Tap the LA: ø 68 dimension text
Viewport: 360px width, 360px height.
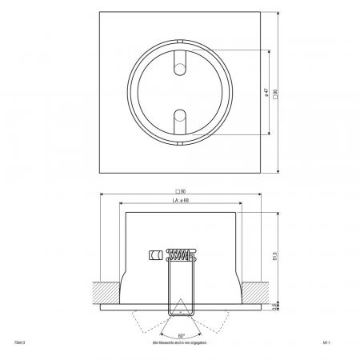point(180,200)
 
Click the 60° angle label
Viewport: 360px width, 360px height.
point(181,334)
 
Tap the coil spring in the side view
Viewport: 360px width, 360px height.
point(180,256)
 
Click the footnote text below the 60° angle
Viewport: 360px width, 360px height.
point(180,343)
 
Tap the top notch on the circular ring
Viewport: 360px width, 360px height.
point(180,50)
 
